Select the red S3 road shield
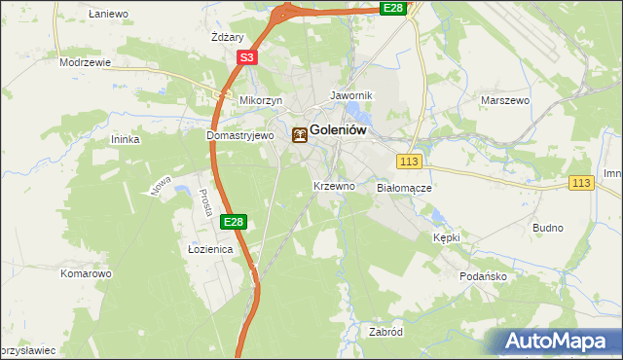pos(247,58)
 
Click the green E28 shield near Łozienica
pos(233,223)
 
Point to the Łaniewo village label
pos(108,14)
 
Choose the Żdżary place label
pos(227,36)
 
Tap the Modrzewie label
pos(85,61)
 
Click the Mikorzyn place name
pos(261,100)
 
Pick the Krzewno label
pos(333,185)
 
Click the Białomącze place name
pos(403,186)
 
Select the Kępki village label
pos(446,236)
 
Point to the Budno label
pos(548,228)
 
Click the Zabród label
pos(385,331)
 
